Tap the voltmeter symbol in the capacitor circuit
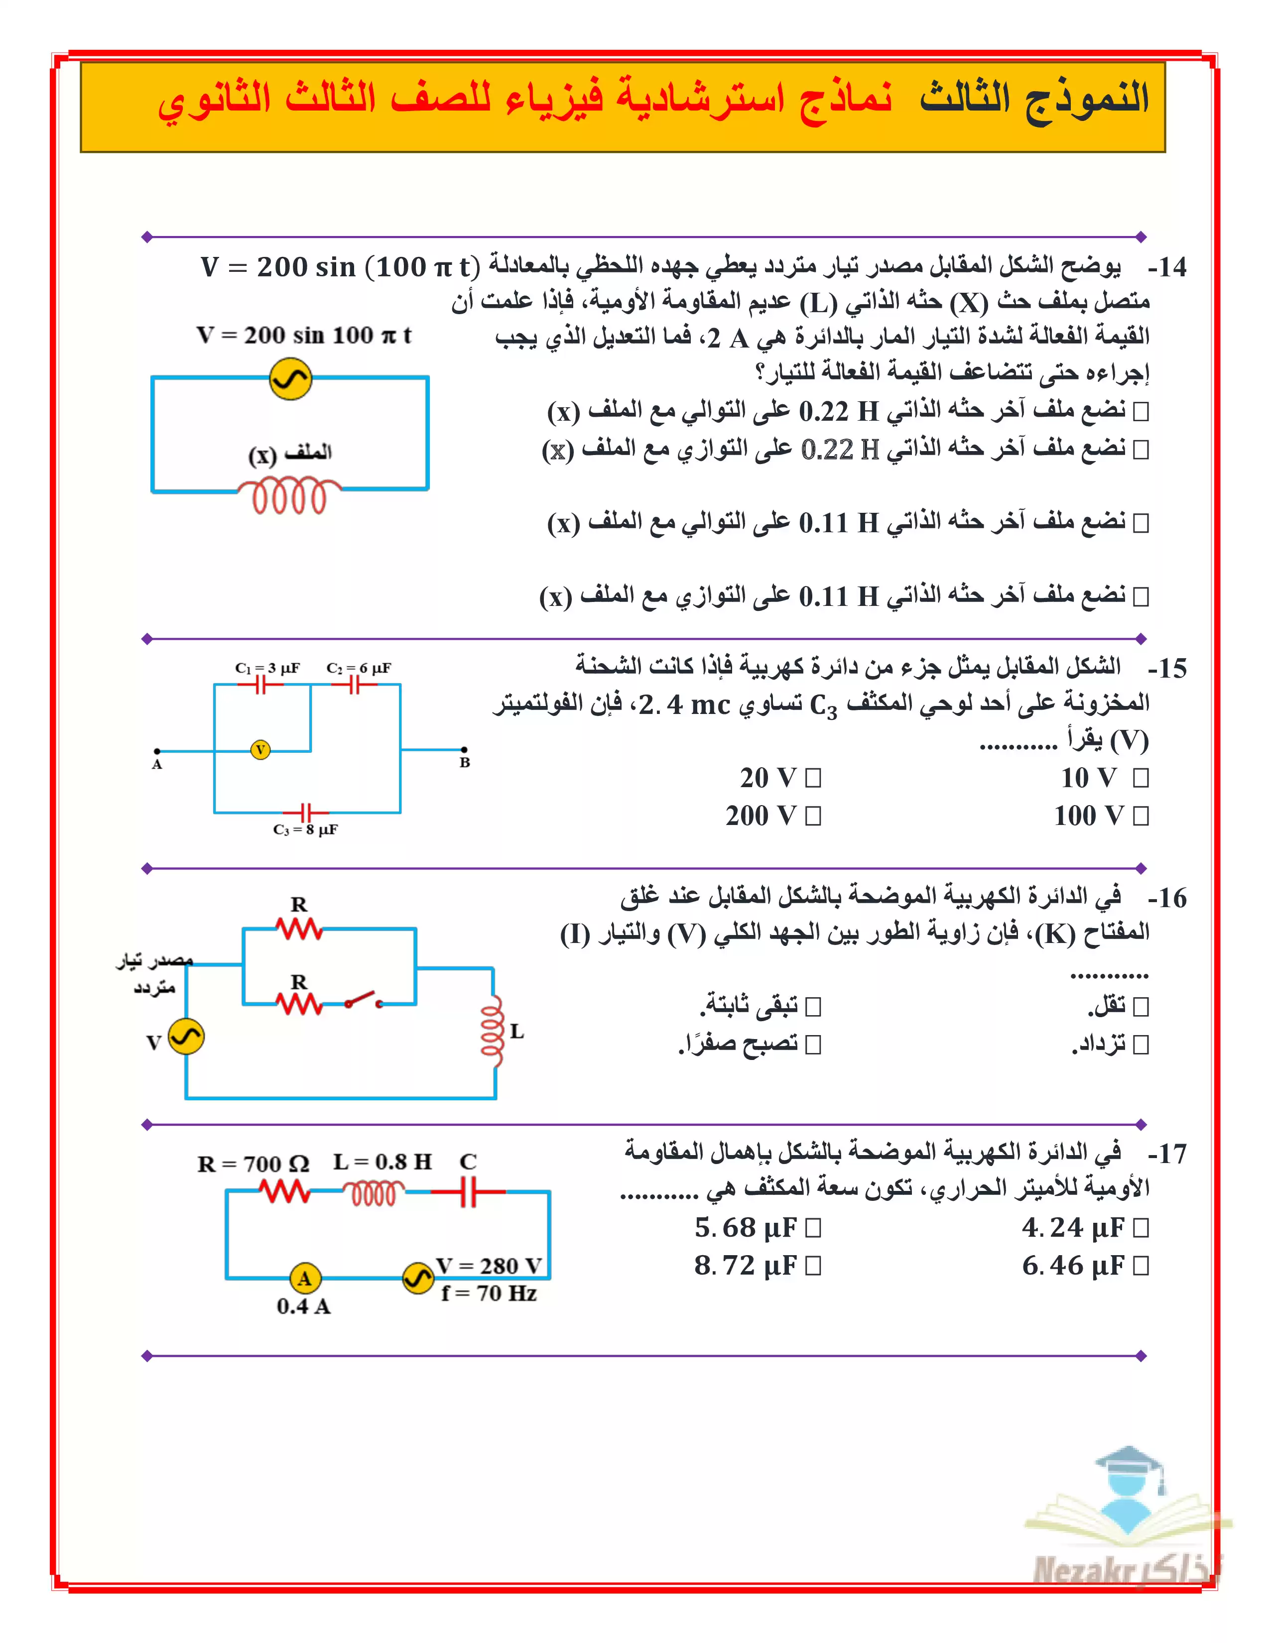click(x=260, y=750)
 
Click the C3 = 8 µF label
click(x=305, y=830)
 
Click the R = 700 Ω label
click(x=253, y=1164)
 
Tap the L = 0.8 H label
click(x=382, y=1162)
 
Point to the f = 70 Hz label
click(x=489, y=1293)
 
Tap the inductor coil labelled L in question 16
click(x=492, y=1032)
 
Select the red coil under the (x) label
click(x=290, y=496)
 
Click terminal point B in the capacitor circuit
click(x=464, y=749)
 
